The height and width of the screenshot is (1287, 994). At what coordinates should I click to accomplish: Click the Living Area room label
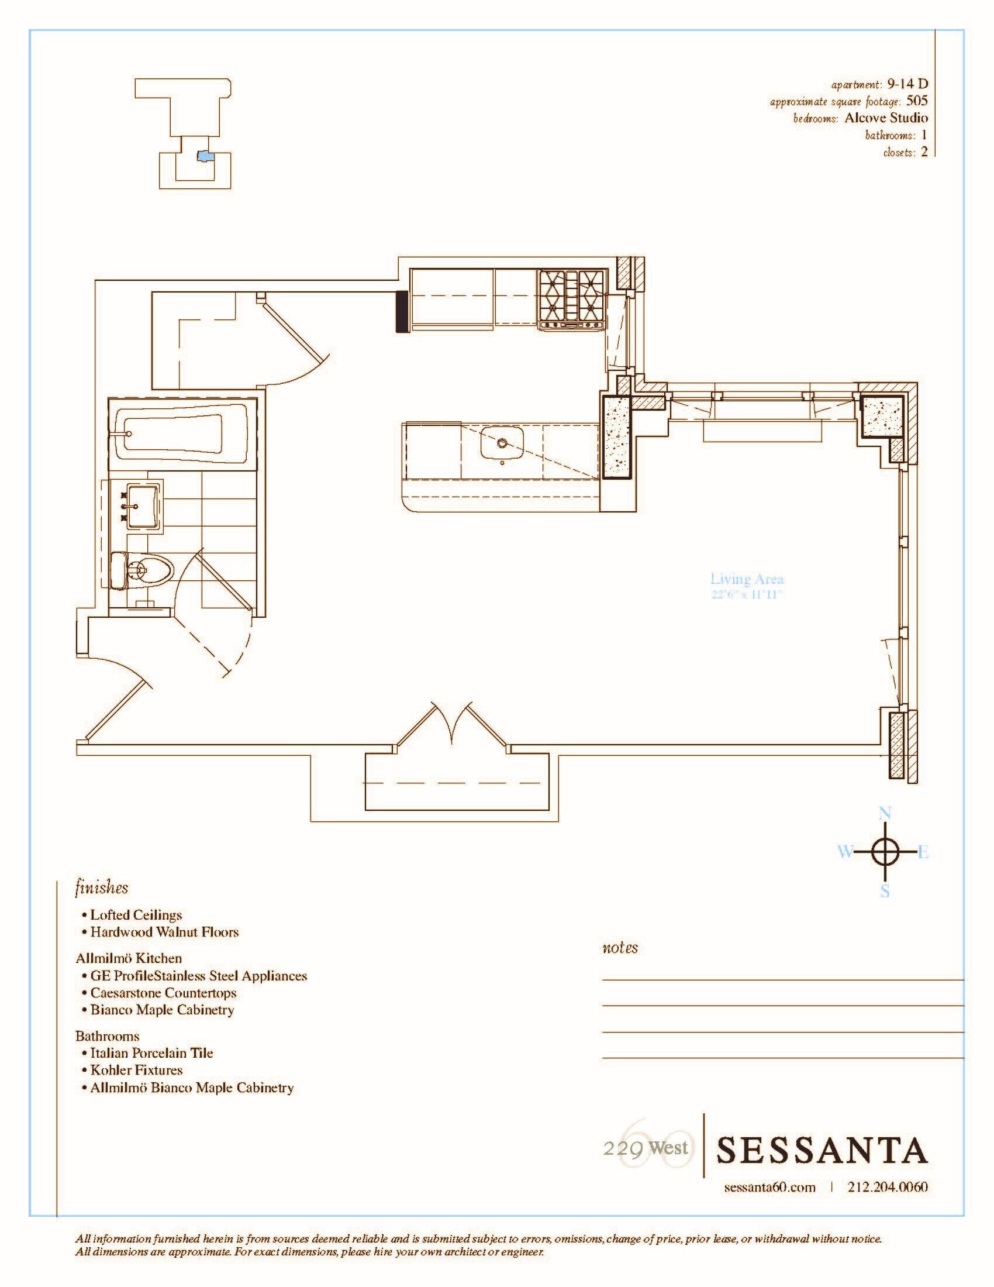pos(747,579)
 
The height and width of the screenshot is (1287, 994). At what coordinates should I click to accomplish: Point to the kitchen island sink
pos(502,443)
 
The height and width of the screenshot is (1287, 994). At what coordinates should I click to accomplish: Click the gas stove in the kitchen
pos(571,299)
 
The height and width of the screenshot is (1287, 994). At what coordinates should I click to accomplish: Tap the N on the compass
pos(885,814)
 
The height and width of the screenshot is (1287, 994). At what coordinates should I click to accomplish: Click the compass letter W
pos(845,852)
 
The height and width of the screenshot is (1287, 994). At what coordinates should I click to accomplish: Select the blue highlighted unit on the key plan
pos(203,156)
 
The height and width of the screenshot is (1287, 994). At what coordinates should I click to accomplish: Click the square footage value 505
pos(917,101)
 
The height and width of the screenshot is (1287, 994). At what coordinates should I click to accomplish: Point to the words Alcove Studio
pos(886,118)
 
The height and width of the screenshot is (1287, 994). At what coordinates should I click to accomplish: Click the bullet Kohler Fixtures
pos(132,1070)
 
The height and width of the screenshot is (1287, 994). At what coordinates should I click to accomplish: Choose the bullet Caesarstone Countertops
pos(159,993)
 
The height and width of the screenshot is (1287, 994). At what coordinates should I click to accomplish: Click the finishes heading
pos(101,887)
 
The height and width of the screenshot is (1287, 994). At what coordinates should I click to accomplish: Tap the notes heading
pos(619,948)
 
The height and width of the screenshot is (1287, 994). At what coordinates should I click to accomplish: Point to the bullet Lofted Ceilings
pos(132,914)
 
